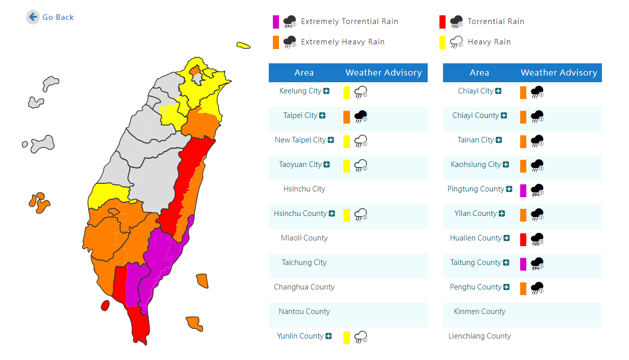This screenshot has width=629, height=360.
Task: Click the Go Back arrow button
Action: pos(33,17)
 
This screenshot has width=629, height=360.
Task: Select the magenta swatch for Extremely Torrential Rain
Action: pos(276,22)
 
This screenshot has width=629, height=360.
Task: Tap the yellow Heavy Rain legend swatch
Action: pos(442,42)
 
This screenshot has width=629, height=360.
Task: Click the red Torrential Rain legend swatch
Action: pos(442,22)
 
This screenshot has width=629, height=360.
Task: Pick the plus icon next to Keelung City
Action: pos(327,91)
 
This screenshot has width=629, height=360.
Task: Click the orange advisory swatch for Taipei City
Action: pos(346,117)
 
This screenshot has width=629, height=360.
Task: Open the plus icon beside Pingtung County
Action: pos(509,189)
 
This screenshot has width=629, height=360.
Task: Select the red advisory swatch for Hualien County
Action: pos(523,239)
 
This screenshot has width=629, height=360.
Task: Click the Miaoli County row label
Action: pos(304,238)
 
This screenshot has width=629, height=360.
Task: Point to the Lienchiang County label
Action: pos(480,336)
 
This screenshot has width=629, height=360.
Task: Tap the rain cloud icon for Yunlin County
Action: pos(361,337)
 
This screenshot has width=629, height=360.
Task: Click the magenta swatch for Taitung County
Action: pos(523,264)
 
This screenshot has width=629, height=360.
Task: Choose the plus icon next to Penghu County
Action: pos(506,287)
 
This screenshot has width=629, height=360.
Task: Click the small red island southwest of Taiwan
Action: pos(105,305)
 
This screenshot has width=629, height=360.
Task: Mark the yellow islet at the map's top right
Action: pos(243,45)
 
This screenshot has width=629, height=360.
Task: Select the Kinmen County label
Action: pos(480,311)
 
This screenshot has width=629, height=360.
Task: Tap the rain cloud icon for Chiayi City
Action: pos(537,92)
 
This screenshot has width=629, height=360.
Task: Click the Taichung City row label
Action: pos(304,262)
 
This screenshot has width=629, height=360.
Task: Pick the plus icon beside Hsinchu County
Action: pos(332,213)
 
